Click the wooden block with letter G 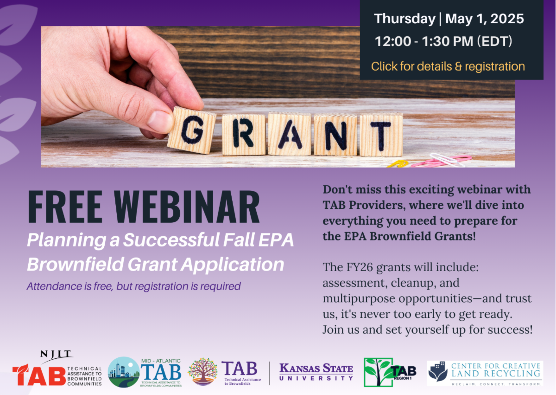click(191, 130)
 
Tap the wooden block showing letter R click(244, 135)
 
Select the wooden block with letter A click(290, 134)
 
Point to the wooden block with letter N click(335, 135)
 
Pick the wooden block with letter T click(381, 135)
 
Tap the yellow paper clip click(398, 163)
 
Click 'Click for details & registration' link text click(448, 66)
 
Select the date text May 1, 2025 click(485, 19)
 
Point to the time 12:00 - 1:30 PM click(424, 41)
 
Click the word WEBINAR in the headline click(187, 207)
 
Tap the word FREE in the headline click(65, 207)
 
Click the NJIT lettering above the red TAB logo click(56, 354)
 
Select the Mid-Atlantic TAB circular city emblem click(124, 372)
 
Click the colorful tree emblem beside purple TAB click(202, 372)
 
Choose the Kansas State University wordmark click(316, 372)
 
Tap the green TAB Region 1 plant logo click(390, 372)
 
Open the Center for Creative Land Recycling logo click(485, 373)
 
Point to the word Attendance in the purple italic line click(55, 286)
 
